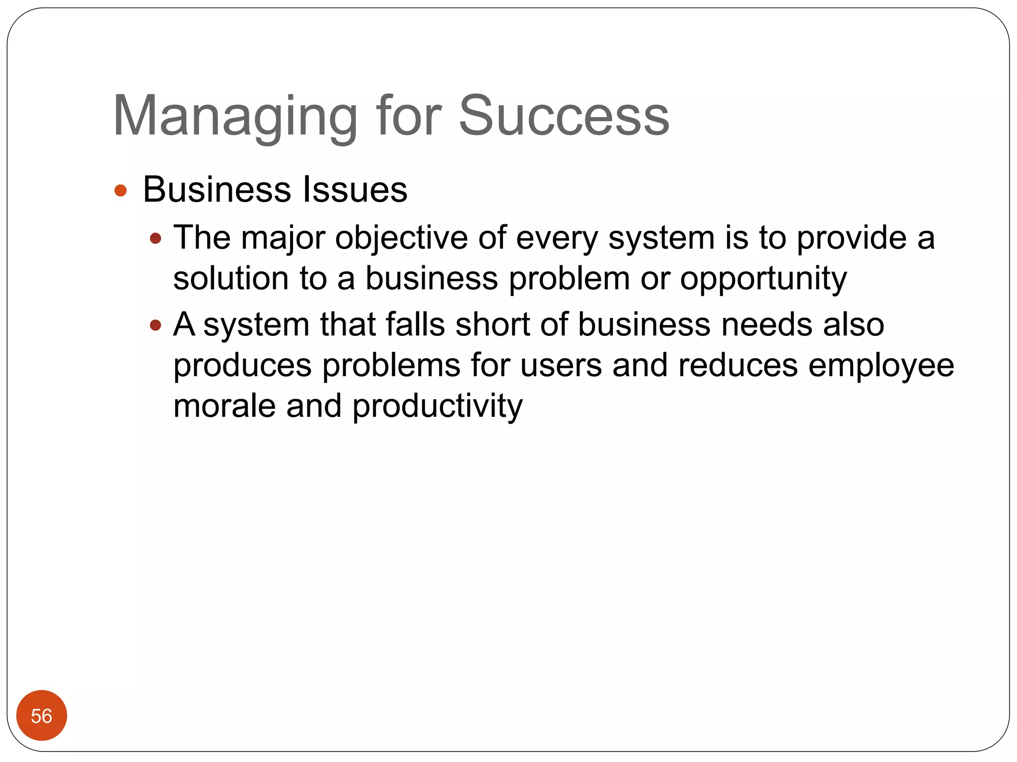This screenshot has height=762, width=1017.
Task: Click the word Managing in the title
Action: tap(235, 117)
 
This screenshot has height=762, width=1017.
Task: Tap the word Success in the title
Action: tap(564, 117)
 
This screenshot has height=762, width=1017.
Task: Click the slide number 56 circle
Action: tap(42, 715)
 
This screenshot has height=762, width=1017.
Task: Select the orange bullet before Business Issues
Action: tap(121, 190)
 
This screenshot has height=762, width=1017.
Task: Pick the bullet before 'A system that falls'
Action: tap(156, 325)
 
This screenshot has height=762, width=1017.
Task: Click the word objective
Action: tap(401, 238)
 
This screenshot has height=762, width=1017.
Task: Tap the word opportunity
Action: tap(763, 279)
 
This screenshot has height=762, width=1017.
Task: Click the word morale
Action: tap(224, 406)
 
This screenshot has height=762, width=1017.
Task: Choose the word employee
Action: tap(881, 366)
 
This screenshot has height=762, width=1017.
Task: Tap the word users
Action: tap(561, 366)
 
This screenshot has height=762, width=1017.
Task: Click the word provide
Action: tap(851, 238)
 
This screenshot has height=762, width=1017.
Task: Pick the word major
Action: tap(283, 238)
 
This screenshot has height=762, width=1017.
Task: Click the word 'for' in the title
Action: tap(408, 117)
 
